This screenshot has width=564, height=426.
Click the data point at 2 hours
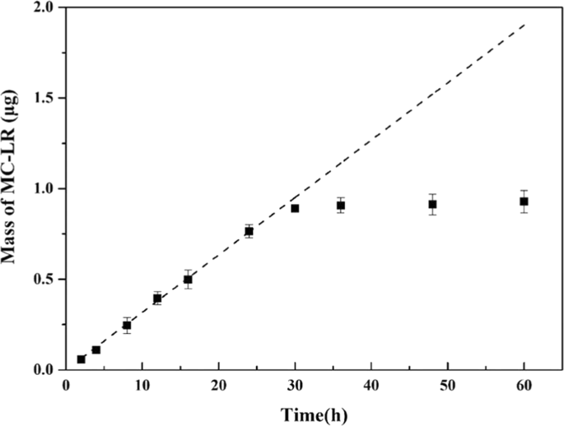click(81, 359)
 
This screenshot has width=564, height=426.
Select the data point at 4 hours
click(96, 350)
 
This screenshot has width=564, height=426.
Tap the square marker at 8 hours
click(127, 326)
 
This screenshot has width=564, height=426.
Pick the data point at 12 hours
click(157, 299)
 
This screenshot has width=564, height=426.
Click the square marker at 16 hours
click(188, 280)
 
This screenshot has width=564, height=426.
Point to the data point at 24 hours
click(249, 231)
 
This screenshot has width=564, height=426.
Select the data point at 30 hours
click(295, 208)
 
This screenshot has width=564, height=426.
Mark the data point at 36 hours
click(341, 206)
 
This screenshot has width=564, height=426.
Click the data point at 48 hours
click(432, 204)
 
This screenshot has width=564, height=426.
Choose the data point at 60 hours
click(524, 201)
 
